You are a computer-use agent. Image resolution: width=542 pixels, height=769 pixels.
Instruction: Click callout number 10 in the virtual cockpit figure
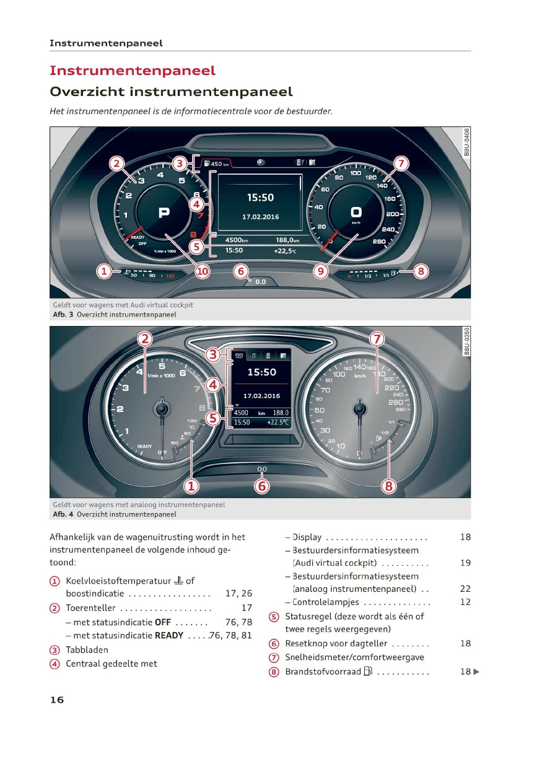(203, 271)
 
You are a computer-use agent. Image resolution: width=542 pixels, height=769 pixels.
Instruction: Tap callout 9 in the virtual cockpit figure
(321, 271)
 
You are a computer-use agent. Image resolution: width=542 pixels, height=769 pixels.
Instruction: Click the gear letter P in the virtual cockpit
(164, 213)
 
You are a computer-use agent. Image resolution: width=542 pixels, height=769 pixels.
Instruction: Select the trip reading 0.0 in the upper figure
(260, 281)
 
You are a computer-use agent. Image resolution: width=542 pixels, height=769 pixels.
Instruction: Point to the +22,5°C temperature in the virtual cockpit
(285, 251)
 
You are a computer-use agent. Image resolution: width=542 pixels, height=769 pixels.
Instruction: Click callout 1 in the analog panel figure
(191, 486)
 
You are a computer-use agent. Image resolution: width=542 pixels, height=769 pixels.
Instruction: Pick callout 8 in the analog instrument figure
(389, 486)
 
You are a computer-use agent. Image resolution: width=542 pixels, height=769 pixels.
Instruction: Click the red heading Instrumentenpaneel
(133, 71)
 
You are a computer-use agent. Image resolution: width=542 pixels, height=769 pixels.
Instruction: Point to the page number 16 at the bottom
(56, 700)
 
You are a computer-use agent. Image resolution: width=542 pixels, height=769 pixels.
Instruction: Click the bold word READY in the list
(168, 635)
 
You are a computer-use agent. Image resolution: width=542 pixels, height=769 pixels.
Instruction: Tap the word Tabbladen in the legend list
(87, 650)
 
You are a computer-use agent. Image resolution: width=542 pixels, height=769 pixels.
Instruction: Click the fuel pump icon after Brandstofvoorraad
(368, 672)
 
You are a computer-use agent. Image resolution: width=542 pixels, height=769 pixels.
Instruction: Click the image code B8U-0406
(466, 142)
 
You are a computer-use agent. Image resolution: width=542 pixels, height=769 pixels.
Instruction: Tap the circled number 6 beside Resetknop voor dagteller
(274, 644)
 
